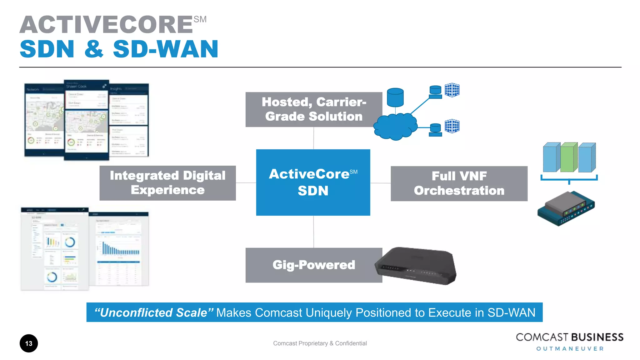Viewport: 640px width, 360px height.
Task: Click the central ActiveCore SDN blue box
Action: pyautogui.click(x=313, y=182)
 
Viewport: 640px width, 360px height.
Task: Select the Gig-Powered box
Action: pyautogui.click(x=313, y=265)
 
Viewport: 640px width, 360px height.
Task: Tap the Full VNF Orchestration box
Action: pyautogui.click(x=459, y=183)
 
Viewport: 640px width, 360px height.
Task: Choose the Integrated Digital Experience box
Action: pyautogui.click(x=167, y=183)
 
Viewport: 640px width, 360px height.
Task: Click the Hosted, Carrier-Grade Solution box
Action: pyautogui.click(x=313, y=109)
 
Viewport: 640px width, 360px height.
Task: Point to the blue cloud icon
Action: pyautogui.click(x=395, y=127)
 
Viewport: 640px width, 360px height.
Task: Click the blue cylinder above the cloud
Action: pyautogui.click(x=395, y=97)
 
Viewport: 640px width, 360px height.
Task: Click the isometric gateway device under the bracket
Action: pyautogui.click(x=566, y=208)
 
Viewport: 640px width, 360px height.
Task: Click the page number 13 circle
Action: pyautogui.click(x=29, y=343)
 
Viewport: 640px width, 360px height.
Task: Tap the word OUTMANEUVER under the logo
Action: pyautogui.click(x=570, y=349)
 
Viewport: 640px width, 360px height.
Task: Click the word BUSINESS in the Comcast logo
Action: pyautogui.click(x=597, y=337)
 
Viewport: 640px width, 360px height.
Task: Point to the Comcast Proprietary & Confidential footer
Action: pyautogui.click(x=320, y=343)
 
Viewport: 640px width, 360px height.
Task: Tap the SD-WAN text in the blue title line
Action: pyautogui.click(x=166, y=49)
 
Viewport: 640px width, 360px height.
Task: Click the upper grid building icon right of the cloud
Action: pyautogui.click(x=452, y=90)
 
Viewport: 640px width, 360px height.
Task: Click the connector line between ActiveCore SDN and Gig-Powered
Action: pyautogui.click(x=313, y=232)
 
